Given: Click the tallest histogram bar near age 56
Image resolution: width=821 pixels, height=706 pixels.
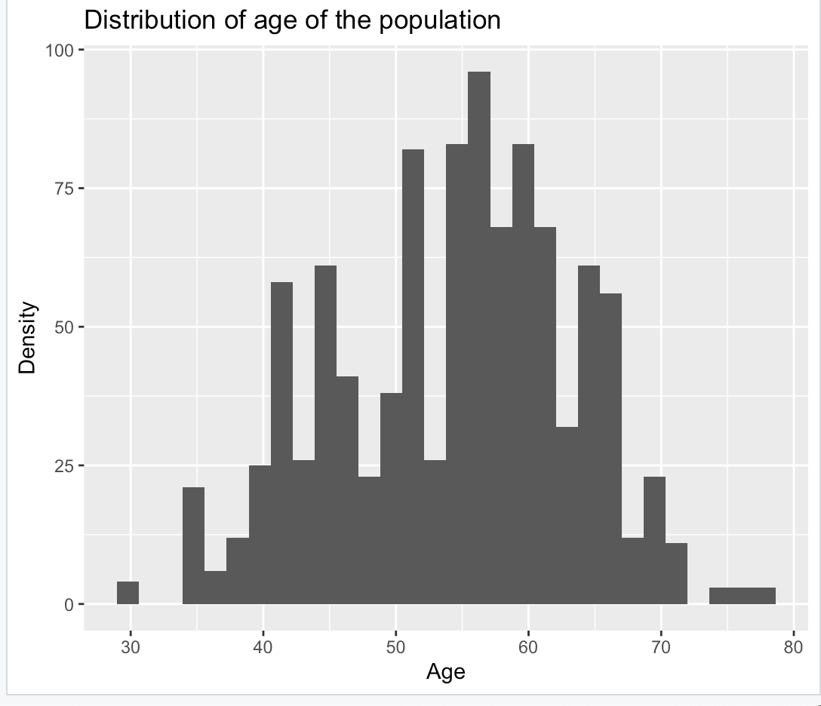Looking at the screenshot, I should pos(479,339).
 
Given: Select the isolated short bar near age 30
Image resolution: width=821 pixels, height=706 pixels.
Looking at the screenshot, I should pos(128,593).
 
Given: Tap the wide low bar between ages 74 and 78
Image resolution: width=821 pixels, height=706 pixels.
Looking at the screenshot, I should pos(743,596).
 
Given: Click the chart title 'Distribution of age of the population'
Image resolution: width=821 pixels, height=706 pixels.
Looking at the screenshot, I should pos(292,20).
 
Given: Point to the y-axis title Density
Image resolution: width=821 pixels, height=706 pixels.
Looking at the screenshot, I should pos(28,338).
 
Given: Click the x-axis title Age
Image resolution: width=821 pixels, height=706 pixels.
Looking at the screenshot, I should pos(445,671).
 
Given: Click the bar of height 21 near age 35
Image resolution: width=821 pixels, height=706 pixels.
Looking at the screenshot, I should pos(193,546).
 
